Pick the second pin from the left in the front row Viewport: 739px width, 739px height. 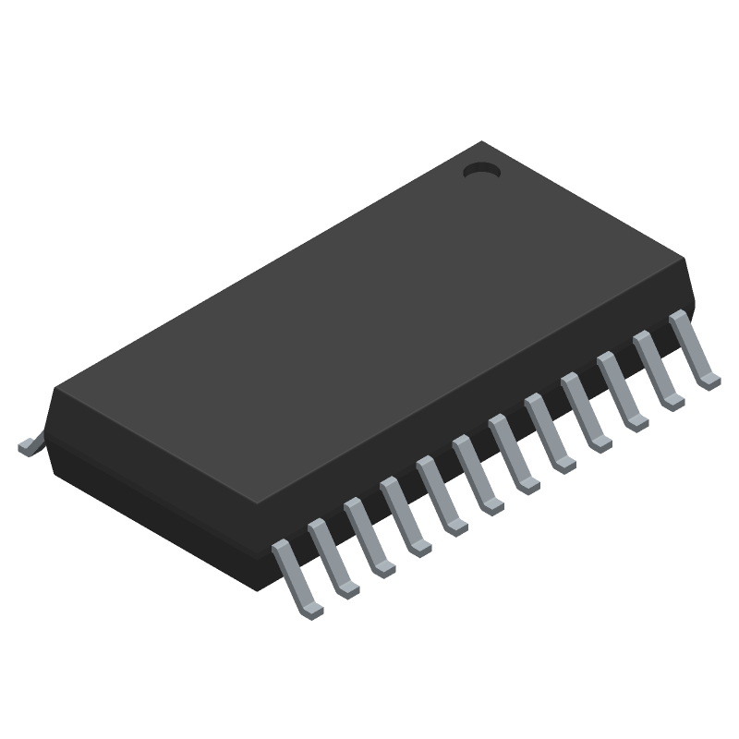[332, 557]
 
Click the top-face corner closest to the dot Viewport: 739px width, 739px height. [481, 142]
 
